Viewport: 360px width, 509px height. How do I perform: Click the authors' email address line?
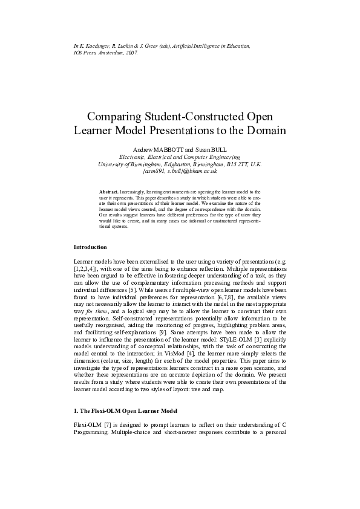(x=179, y=171)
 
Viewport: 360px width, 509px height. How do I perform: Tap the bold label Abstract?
(x=109, y=191)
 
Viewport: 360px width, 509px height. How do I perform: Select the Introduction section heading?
(x=90, y=247)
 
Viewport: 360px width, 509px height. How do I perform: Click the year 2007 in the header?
(x=131, y=53)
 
